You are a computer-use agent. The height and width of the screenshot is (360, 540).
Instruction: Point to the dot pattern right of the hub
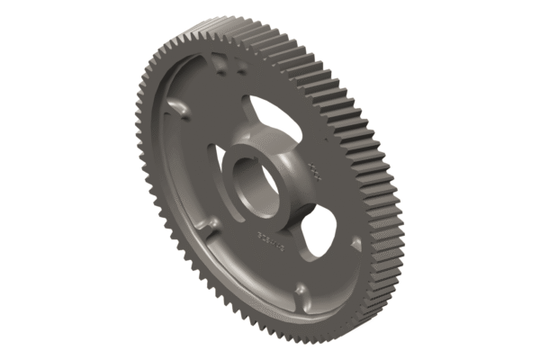(314, 169)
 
